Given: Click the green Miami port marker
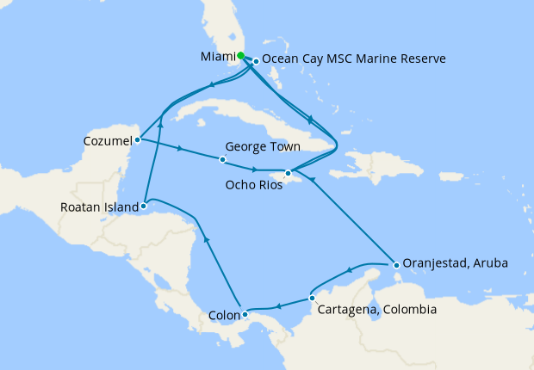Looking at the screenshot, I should tap(241, 56).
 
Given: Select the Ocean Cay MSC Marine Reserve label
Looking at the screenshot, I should tap(353, 59).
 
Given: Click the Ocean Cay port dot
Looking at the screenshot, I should tap(256, 61).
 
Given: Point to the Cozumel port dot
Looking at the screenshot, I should tap(138, 139).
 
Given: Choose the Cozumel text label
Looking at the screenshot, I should tap(108, 139).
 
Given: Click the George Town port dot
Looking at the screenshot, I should tap(222, 160).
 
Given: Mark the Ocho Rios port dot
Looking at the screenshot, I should tap(288, 173).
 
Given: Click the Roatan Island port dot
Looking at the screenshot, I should tap(144, 207).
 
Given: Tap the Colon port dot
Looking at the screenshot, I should tap(245, 314).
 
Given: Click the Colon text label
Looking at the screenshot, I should tap(225, 315).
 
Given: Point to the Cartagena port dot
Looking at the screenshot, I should tap(311, 299).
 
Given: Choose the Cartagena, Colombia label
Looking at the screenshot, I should tap(376, 310).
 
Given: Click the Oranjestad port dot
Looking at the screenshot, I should tap(394, 263).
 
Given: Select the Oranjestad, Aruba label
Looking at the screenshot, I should tap(456, 263).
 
